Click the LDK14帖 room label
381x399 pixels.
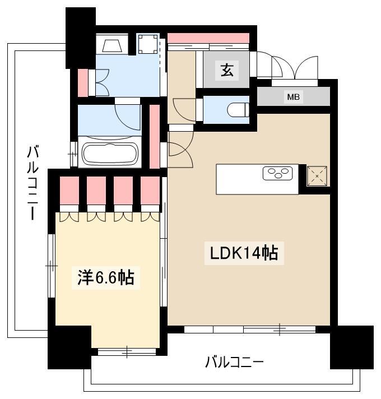[x=244, y=253]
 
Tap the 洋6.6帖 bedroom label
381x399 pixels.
[x=105, y=277]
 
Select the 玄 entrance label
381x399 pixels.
[x=227, y=70]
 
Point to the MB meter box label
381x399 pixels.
[x=293, y=97]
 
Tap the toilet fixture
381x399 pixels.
[x=238, y=110]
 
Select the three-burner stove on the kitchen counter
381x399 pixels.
[x=277, y=174]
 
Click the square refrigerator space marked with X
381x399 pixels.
[x=317, y=176]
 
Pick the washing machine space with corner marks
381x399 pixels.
[x=148, y=44]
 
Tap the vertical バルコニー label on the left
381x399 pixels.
[x=33, y=183]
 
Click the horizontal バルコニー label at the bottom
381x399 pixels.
[x=234, y=362]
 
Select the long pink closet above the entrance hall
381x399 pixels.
[x=208, y=38]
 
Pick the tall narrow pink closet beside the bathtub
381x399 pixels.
[x=155, y=136]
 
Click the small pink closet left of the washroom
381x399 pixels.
[x=83, y=83]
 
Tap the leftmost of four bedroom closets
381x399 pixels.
[x=69, y=191]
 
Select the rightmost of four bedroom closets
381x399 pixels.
[x=150, y=191]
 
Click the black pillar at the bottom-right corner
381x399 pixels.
[x=352, y=347]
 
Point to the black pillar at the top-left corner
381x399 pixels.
[x=80, y=38]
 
